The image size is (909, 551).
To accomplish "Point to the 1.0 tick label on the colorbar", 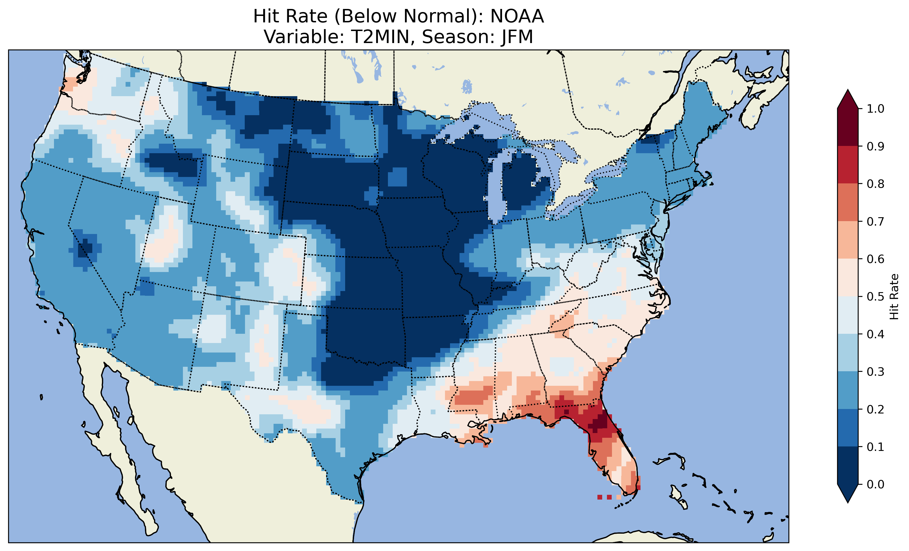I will click(x=876, y=109).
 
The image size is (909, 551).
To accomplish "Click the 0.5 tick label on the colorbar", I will click(x=876, y=297).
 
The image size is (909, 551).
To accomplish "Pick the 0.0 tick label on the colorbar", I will click(x=876, y=484).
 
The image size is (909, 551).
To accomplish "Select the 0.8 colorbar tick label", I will click(x=876, y=184).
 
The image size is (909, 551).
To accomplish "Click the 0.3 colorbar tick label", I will click(x=876, y=372).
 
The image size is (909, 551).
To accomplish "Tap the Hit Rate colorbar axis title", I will click(x=894, y=297).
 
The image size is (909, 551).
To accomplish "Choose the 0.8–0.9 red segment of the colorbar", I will click(x=848, y=165).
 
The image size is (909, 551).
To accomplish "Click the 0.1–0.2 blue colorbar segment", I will click(x=848, y=428).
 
